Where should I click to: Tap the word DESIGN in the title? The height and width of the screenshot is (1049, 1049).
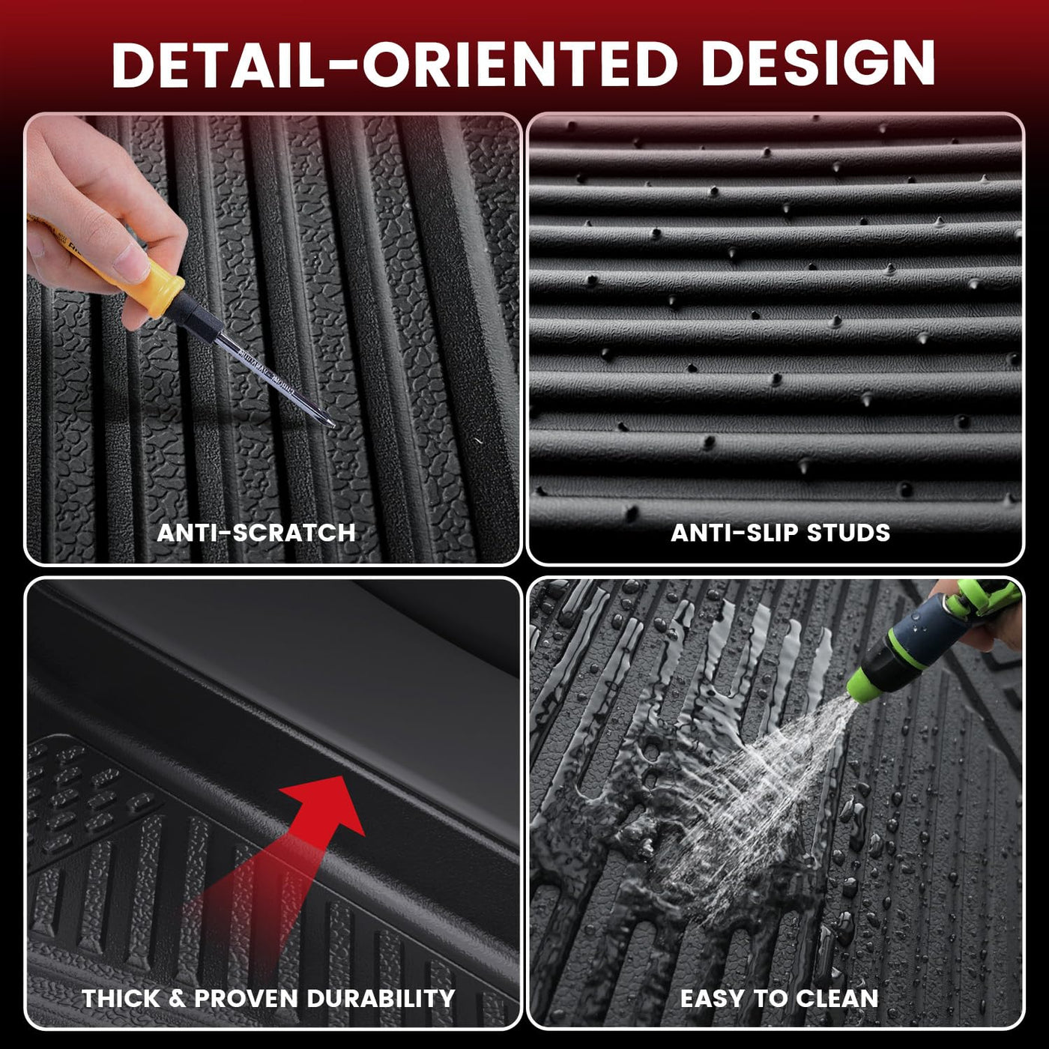[x=818, y=64]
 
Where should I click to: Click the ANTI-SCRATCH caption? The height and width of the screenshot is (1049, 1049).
[x=256, y=533]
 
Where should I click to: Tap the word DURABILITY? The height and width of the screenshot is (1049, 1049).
[x=381, y=998]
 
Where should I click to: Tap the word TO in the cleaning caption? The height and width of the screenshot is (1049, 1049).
[x=770, y=998]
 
